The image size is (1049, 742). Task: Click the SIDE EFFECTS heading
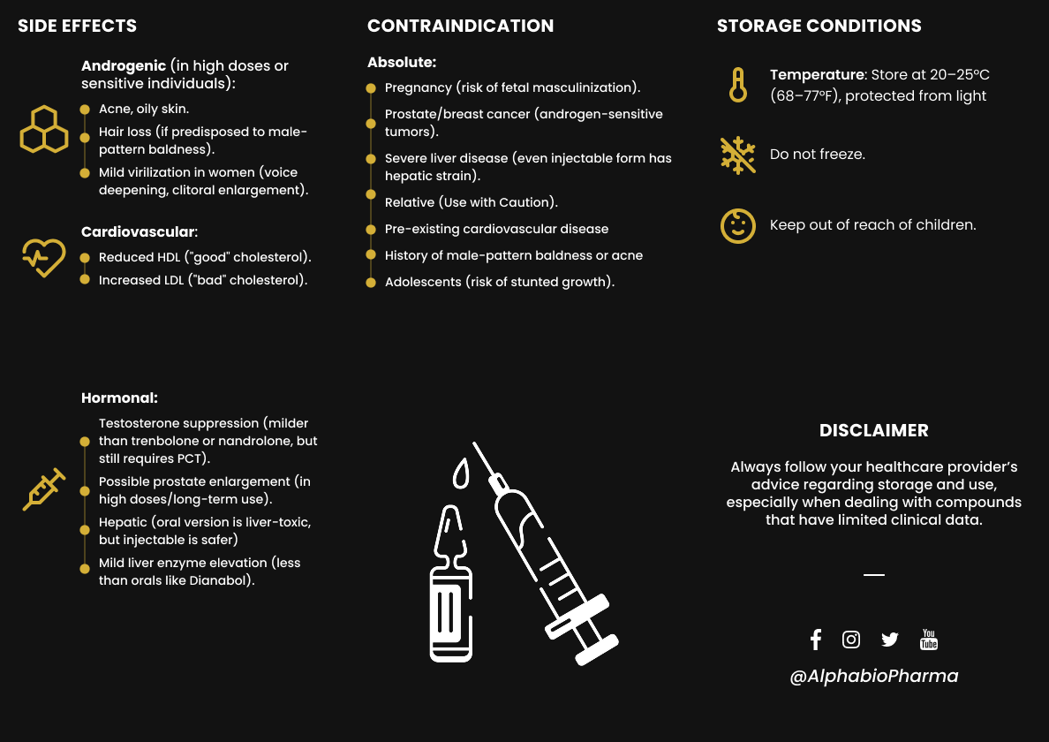tap(78, 26)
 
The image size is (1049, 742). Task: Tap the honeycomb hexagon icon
tap(43, 130)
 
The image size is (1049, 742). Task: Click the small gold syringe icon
tap(43, 489)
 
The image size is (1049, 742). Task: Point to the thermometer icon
tap(737, 85)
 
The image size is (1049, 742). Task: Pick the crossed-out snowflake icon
tap(737, 155)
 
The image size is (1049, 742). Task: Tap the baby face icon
tap(737, 225)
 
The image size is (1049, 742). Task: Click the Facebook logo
tap(816, 640)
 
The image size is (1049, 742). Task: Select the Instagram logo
tap(851, 640)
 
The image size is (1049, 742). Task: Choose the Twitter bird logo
tap(889, 640)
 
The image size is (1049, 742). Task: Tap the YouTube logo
tap(929, 640)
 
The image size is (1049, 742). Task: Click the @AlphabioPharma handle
tap(873, 676)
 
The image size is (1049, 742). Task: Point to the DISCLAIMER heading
tap(873, 430)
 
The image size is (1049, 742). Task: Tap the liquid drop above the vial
tap(461, 475)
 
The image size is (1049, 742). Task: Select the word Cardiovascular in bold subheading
tap(138, 231)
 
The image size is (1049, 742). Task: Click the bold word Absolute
tap(401, 63)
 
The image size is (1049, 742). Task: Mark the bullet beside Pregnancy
tap(371, 88)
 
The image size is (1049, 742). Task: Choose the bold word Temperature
tap(817, 75)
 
